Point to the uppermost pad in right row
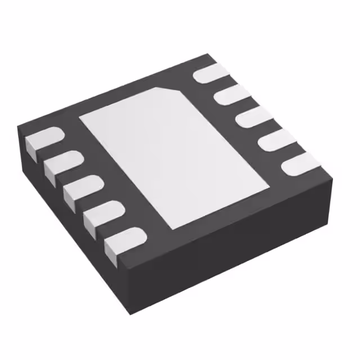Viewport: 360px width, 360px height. [209, 74]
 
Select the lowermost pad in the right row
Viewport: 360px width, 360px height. [299, 164]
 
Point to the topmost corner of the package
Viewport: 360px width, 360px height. [210, 54]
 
